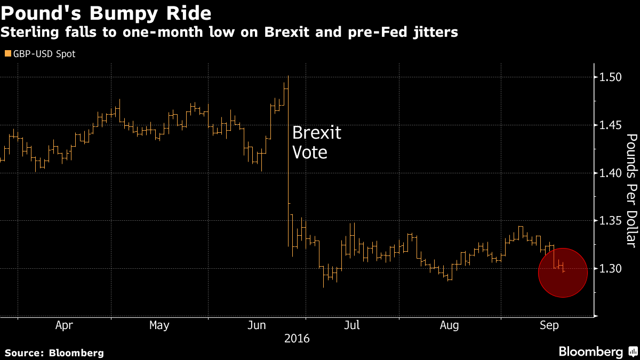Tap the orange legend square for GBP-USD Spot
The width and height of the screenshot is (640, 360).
coord(7,54)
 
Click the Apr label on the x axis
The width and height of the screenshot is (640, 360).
coord(64,325)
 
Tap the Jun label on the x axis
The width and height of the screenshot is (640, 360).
coord(258,325)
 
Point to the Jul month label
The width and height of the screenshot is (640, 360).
coord(352,325)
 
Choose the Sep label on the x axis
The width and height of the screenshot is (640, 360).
coord(549,325)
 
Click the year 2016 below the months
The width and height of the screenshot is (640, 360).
coord(298,338)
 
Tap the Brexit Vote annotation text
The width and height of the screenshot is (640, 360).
coord(316,142)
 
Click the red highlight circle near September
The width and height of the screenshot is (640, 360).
coord(563,273)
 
